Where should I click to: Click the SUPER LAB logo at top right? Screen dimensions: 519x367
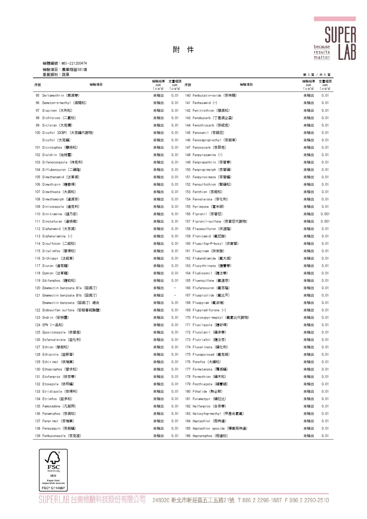335,38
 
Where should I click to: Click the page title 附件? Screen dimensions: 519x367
183,50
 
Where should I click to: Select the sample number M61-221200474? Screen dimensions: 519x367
74,63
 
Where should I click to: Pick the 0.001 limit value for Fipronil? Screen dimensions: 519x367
325,214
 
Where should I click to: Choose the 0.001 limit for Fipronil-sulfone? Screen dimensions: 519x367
325,221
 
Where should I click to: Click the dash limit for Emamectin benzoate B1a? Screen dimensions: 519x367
175,288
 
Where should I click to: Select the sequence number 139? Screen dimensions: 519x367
38,436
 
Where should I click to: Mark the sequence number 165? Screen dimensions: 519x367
188,280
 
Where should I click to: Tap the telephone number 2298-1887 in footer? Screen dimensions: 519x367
260,500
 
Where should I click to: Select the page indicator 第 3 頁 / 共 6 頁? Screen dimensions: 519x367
317,75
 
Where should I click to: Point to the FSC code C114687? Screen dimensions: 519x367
53,488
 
